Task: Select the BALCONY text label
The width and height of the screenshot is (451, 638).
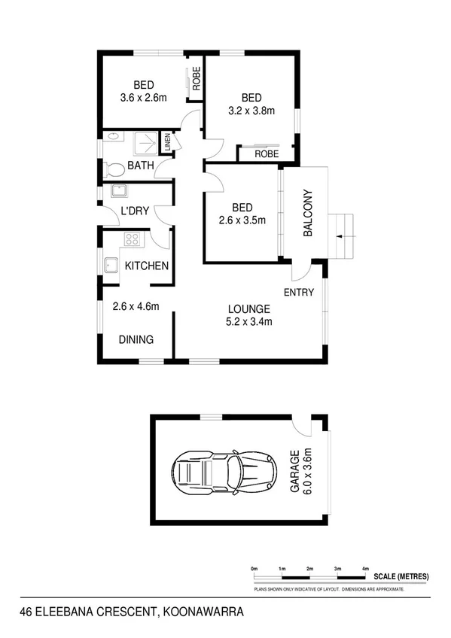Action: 307,213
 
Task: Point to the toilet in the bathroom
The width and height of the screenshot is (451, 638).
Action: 113,168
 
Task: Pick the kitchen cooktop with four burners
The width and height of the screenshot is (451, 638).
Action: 133,240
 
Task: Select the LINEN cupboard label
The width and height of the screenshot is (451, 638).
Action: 168,140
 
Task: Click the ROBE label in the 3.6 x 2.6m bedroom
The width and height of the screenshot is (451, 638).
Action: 196,80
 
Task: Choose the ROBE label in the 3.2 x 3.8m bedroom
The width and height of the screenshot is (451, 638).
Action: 266,153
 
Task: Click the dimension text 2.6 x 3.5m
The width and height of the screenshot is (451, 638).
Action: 242,220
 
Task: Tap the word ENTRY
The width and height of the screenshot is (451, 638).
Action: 298,292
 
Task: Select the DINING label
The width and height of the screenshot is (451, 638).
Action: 136,339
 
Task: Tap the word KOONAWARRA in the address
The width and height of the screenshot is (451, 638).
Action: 201,612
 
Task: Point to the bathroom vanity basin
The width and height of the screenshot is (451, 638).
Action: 112,138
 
